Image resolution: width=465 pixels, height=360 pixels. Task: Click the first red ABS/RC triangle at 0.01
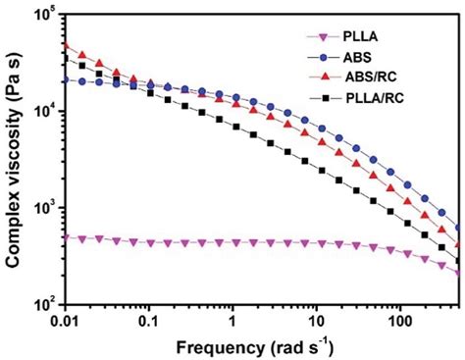(x=65, y=45)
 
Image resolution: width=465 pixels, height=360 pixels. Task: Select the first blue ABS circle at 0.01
(x=65, y=80)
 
